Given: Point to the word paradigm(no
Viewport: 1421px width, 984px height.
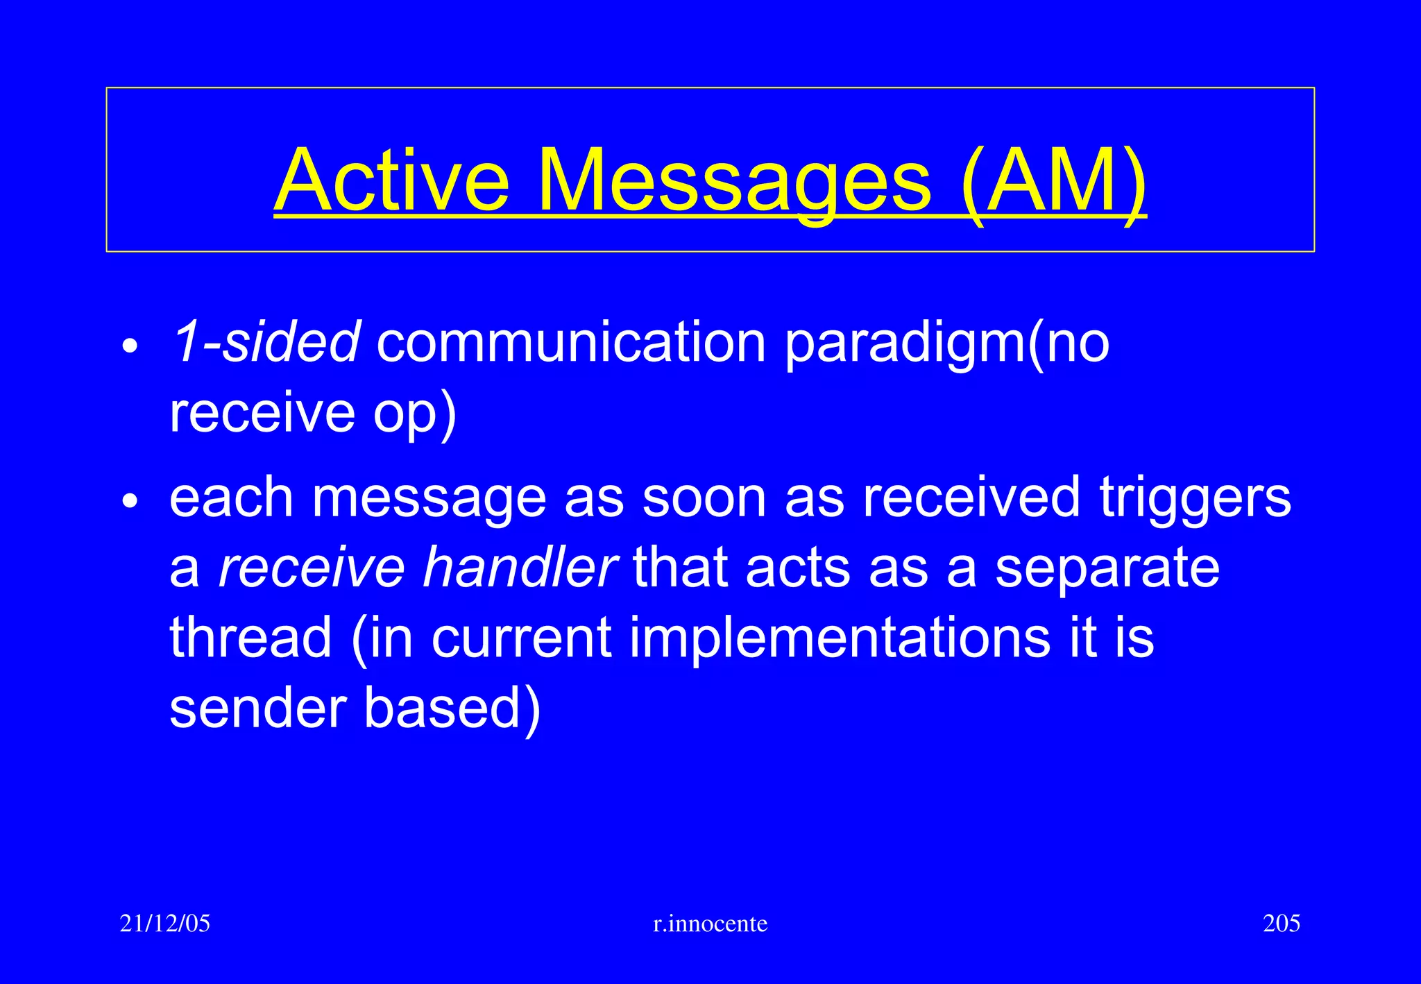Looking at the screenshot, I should tap(947, 343).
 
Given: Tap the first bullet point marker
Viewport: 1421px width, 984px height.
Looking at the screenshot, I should tap(130, 346).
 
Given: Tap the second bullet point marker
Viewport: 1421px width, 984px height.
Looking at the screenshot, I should tap(130, 500).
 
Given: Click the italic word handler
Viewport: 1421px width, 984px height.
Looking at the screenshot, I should tap(519, 567).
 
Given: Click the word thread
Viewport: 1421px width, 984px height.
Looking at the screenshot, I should tap(250, 637).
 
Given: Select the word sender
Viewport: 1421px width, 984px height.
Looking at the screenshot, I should tap(257, 707).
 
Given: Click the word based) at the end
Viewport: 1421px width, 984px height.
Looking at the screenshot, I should tap(452, 709).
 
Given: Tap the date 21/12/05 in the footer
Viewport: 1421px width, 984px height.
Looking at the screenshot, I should tap(164, 924).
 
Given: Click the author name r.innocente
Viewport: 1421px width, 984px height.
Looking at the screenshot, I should tap(710, 924).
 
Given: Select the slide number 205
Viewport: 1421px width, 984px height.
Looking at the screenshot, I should tap(1281, 924).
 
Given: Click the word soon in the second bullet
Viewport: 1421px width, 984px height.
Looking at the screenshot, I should tap(704, 498).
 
